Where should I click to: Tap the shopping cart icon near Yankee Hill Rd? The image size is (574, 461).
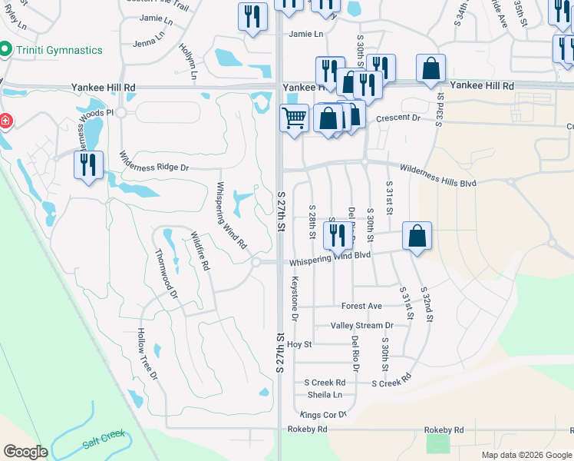click(x=294, y=119)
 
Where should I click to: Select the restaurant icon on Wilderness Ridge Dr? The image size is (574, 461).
click(x=87, y=164)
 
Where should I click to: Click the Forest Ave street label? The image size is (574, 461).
click(x=361, y=306)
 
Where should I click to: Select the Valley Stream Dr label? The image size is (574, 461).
click(x=361, y=326)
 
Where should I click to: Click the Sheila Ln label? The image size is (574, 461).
click(x=325, y=395)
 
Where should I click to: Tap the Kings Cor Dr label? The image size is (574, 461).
click(x=324, y=415)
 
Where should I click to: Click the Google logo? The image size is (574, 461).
click(x=25, y=451)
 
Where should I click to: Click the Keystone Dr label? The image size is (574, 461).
click(x=294, y=299)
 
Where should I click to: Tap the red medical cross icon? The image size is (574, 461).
click(x=4, y=122)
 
